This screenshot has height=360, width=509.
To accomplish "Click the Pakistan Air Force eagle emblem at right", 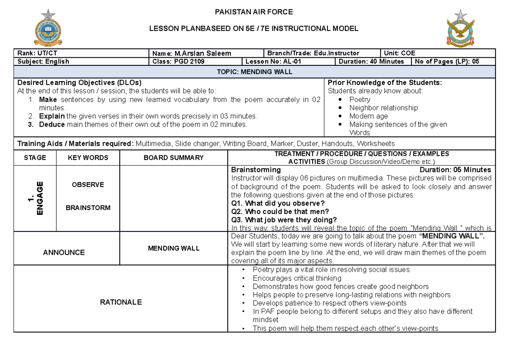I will (x=460, y=28).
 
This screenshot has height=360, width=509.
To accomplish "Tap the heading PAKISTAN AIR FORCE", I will (x=254, y=12).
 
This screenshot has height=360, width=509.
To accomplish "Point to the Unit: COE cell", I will (x=399, y=53).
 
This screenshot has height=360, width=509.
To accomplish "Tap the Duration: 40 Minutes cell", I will (x=371, y=61).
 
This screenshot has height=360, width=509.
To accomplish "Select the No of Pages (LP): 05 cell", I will (x=447, y=61).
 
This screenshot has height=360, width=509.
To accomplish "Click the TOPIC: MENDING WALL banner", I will (x=255, y=72).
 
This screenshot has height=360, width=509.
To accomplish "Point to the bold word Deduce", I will (x=52, y=124).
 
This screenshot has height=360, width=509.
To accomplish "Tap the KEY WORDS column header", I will (x=88, y=157).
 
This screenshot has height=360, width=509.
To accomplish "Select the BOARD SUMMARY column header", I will (x=173, y=157).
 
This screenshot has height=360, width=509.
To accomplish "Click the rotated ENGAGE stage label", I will (x=36, y=198).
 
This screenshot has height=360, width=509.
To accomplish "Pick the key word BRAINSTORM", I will (x=88, y=208).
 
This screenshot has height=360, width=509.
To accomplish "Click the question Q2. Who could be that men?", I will (x=280, y=211).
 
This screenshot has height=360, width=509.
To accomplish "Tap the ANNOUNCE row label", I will (x=64, y=252).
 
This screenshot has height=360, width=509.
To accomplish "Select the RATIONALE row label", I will (x=121, y=302).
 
